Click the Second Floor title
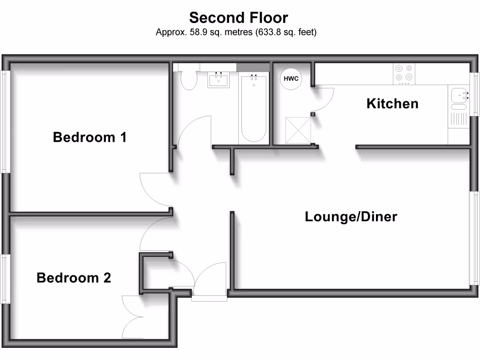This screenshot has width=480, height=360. (239, 18)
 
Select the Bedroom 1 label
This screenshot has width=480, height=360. (90, 137)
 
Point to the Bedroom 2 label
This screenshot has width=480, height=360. (74, 277)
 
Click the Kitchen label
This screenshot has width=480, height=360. (392, 104)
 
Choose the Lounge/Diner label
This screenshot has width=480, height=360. (351, 217)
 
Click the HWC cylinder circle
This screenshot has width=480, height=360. (291, 79)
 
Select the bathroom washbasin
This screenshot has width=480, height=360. (218, 80)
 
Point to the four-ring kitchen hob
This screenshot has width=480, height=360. (404, 74)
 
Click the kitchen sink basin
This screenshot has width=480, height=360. (459, 95)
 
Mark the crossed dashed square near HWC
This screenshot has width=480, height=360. (298, 130)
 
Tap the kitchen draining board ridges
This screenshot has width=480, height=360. (458, 119)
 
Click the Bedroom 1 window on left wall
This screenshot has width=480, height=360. (5, 121)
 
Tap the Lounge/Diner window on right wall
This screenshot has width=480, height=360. (475, 238)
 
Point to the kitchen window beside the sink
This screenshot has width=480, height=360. (475, 94)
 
